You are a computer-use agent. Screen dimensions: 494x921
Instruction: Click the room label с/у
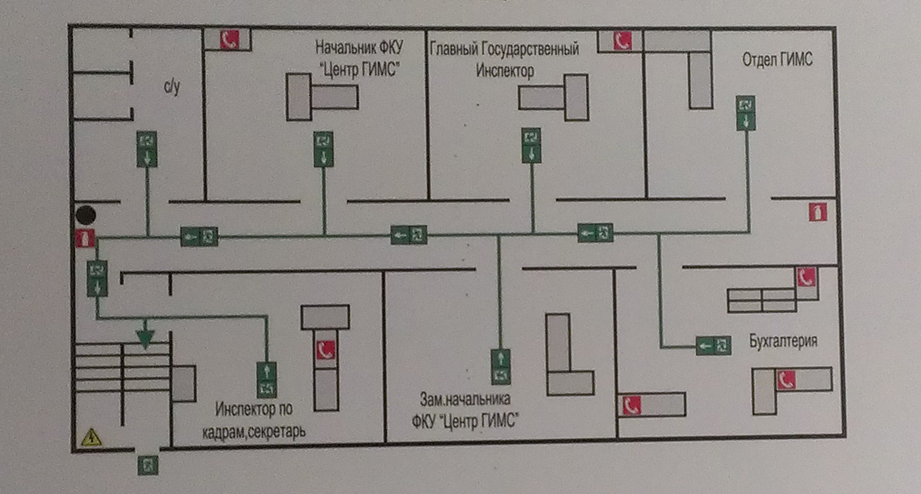coord(171,87)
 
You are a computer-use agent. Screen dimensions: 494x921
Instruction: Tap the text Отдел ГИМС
coord(777,60)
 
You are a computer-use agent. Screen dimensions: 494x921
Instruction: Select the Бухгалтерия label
coord(782,341)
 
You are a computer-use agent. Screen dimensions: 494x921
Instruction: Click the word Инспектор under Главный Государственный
coord(505,71)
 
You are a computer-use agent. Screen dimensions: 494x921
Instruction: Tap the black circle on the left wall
coord(86,213)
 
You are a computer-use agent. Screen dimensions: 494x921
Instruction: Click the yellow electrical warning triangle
coord(91,437)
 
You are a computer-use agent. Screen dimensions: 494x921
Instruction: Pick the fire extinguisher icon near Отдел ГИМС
coord(818,212)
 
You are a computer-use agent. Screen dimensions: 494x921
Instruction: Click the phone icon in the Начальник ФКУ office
coord(229,40)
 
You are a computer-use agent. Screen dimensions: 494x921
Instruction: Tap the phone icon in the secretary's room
coord(326,350)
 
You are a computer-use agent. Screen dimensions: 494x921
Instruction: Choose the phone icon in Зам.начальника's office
coord(630,405)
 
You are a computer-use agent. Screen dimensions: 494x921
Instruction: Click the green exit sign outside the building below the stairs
coord(148,465)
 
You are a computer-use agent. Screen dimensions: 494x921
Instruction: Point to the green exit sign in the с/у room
coord(147,148)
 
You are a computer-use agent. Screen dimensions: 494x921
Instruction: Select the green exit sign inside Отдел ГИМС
coord(746,113)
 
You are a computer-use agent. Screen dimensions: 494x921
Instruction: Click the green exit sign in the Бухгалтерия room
coord(713,346)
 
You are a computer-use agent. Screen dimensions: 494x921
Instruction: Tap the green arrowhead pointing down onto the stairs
coord(145,338)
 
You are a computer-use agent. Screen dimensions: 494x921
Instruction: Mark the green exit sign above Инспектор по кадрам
coord(266,378)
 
